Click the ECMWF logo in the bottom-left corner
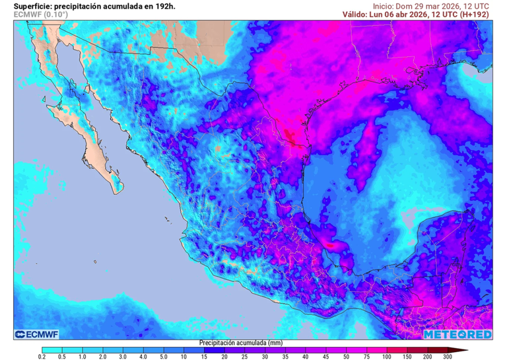[x=38, y=334]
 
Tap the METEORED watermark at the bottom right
[x=457, y=334]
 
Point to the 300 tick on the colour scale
[x=448, y=357]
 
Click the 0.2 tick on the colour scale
[x=42, y=357]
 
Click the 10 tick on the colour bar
[x=184, y=357]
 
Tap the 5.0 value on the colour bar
[x=164, y=357]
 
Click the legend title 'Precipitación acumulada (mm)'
[x=240, y=343]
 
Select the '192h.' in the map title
[x=163, y=6]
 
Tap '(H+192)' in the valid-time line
[x=475, y=14]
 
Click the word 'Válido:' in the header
[x=357, y=14]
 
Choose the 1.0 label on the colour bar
[x=83, y=357]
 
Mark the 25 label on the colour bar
[x=245, y=357]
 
